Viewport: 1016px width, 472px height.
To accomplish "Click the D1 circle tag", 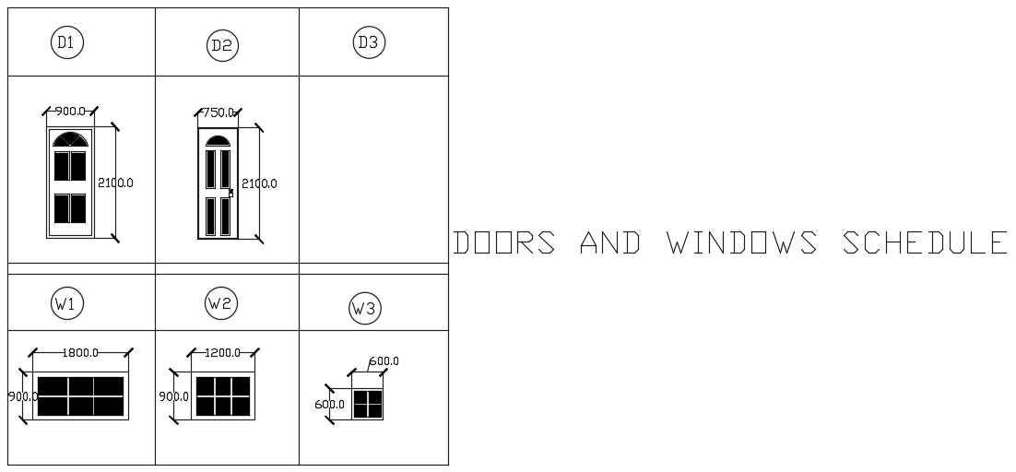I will tap(66, 41).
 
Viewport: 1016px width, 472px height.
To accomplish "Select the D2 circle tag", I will tap(222, 45).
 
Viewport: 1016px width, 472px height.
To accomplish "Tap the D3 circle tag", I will tap(368, 42).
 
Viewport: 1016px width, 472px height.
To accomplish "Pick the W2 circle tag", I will tap(221, 302).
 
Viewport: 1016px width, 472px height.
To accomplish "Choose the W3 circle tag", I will tap(365, 309).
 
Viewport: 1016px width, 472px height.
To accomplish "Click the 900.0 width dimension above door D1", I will tap(70, 112).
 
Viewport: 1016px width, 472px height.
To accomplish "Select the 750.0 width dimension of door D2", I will tap(219, 112).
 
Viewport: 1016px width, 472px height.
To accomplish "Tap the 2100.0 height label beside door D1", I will tap(116, 183).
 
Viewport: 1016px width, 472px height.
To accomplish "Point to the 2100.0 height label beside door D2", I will tap(259, 183).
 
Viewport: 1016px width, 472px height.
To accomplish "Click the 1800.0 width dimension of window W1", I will tap(80, 352).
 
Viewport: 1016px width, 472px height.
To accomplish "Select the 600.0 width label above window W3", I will tap(384, 361).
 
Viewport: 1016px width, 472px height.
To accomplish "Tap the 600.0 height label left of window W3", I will tap(329, 405).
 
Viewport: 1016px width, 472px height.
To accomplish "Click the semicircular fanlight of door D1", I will tap(70, 139).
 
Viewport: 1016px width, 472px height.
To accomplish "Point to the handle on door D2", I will tap(230, 193).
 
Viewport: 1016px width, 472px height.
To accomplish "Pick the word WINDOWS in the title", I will tap(742, 242).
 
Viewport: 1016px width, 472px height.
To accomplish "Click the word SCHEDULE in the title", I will tap(925, 242).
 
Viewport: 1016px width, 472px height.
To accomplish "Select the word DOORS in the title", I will tap(504, 242).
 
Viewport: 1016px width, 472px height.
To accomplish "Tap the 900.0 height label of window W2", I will tap(174, 396).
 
